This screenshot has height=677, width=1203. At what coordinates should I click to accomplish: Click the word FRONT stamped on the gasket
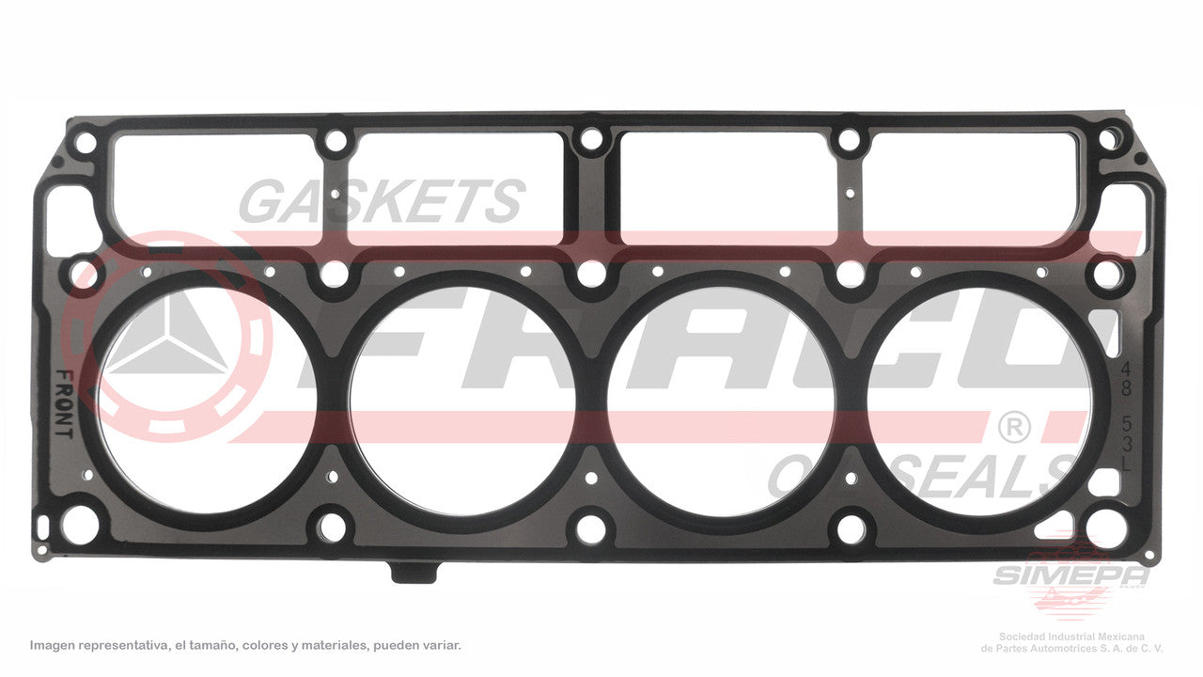click(63, 404)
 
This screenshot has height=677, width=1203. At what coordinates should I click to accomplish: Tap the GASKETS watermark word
click(381, 201)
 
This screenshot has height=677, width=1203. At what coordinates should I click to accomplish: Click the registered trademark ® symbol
click(1012, 429)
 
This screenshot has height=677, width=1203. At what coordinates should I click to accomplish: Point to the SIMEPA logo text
click(1070, 575)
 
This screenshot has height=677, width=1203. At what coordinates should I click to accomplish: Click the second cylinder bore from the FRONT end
click(462, 401)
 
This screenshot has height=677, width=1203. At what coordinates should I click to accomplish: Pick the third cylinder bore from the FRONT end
click(721, 401)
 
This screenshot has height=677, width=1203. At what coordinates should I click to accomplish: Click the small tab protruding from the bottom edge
click(414, 572)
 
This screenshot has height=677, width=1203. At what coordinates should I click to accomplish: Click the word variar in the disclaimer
click(440, 646)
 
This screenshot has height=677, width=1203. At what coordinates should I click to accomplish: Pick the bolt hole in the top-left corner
click(85, 144)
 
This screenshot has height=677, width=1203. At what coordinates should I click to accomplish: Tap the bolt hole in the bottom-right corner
click(1106, 527)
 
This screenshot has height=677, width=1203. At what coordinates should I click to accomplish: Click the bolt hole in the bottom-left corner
click(79, 525)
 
